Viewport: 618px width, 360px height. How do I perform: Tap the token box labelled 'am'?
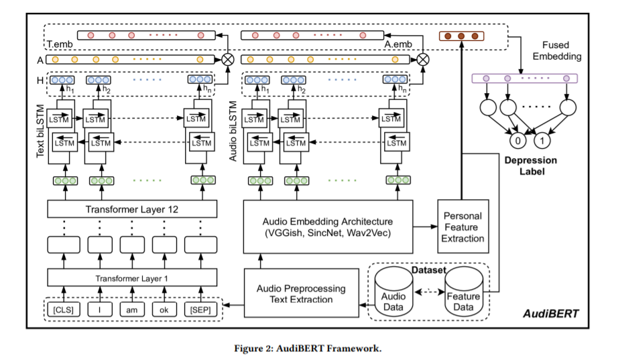tap(133, 310)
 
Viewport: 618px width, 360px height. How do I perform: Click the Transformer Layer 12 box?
tap(133, 209)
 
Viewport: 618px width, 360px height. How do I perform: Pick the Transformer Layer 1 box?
tap(133, 278)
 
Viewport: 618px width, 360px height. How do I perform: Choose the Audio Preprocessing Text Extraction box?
tap(302, 294)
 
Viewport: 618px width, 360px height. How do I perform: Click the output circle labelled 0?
tap(516, 141)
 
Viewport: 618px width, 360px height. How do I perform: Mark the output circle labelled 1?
tap(544, 141)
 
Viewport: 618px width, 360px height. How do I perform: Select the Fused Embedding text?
tap(558, 52)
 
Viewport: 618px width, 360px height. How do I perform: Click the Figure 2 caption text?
tap(308, 348)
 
